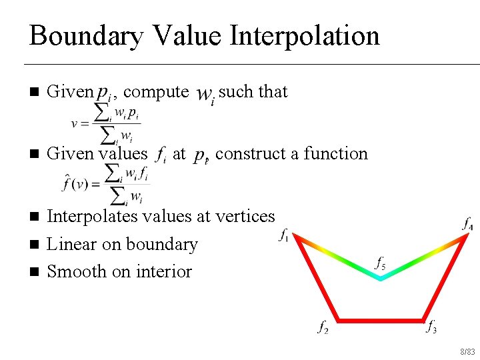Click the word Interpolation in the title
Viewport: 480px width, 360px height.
[x=305, y=35]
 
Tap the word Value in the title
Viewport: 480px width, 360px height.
[x=182, y=35]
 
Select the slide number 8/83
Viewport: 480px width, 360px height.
[x=466, y=351]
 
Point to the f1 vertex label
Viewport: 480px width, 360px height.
[x=284, y=235]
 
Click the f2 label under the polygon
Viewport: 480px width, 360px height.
[x=323, y=327]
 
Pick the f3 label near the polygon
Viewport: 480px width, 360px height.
[x=432, y=327]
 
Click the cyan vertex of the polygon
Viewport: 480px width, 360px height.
[x=379, y=278]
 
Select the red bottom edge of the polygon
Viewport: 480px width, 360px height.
[x=380, y=318]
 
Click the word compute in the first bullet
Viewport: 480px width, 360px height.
[x=156, y=91]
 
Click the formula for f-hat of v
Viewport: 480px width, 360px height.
[x=107, y=184]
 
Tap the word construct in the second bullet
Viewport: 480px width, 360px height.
[x=249, y=153]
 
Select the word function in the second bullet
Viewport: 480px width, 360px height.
[x=335, y=153]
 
